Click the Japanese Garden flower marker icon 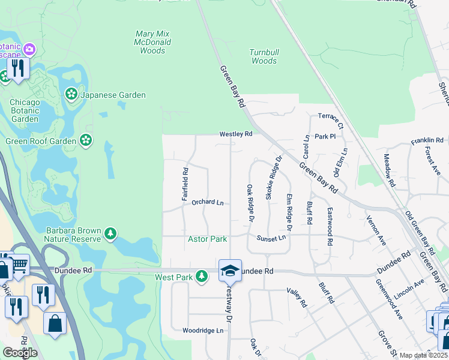[71, 95]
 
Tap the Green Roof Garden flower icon [86, 141]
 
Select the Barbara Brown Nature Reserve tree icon [110, 233]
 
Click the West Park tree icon [202, 277]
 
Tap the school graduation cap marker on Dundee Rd [230, 271]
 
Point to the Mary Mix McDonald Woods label [153, 43]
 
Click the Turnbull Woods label [264, 56]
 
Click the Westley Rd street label [236, 134]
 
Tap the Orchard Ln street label [207, 203]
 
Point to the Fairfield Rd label [185, 180]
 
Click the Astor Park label [208, 239]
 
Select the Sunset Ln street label [271, 238]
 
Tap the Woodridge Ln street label [203, 330]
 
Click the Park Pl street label [325, 137]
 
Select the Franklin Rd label [427, 141]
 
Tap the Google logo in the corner [20, 353]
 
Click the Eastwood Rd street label [330, 227]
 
